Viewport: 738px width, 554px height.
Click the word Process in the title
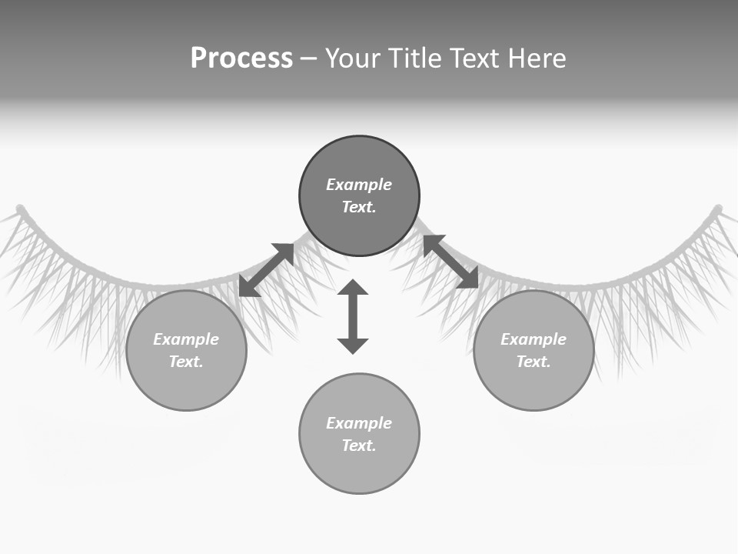pos(241,58)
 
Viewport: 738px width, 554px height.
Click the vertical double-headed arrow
pos(353,317)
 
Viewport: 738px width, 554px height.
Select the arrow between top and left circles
pos(267,269)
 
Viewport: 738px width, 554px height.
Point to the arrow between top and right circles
pos(450,262)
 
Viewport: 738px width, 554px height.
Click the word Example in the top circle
pos(359,185)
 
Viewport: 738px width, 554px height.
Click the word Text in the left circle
pos(185,362)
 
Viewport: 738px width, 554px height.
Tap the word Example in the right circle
pos(534,339)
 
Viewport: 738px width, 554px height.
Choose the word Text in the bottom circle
pos(358,446)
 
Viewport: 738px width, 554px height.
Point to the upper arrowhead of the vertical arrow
pos(353,287)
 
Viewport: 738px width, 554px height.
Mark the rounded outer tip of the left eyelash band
pos(21,209)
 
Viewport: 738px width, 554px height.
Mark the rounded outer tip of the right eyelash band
pos(718,209)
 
